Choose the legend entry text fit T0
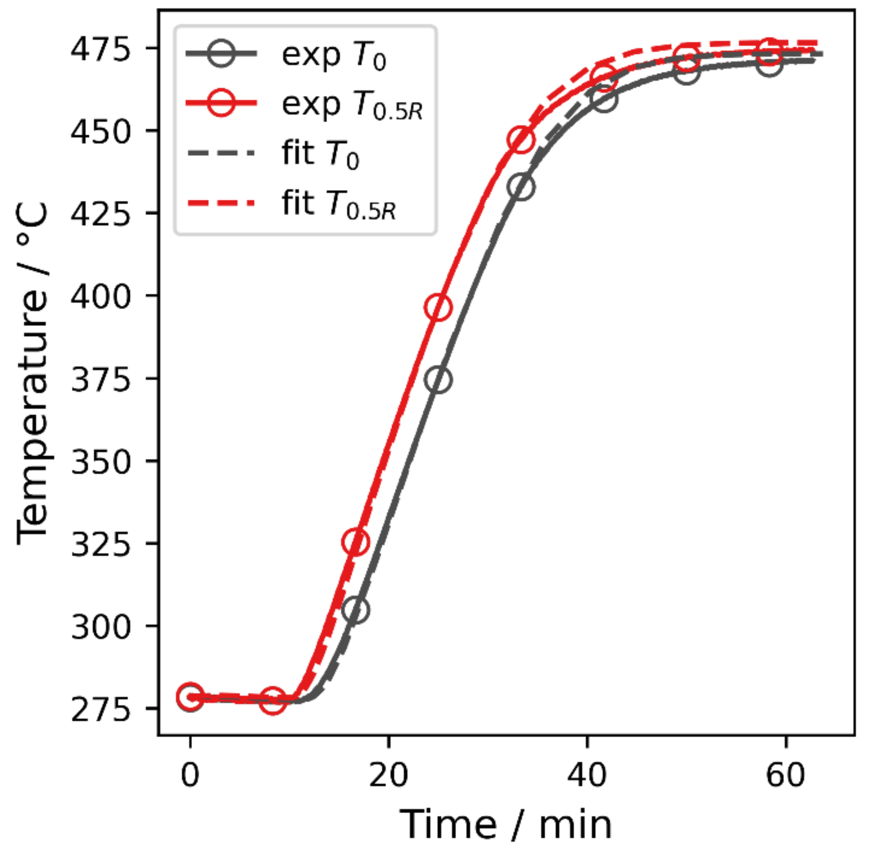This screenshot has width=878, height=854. pyautogui.click(x=320, y=155)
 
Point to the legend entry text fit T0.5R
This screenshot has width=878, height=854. pyautogui.click(x=339, y=205)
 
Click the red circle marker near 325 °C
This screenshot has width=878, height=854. pyautogui.click(x=355, y=542)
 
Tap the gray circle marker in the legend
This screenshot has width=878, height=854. pyautogui.click(x=222, y=54)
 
